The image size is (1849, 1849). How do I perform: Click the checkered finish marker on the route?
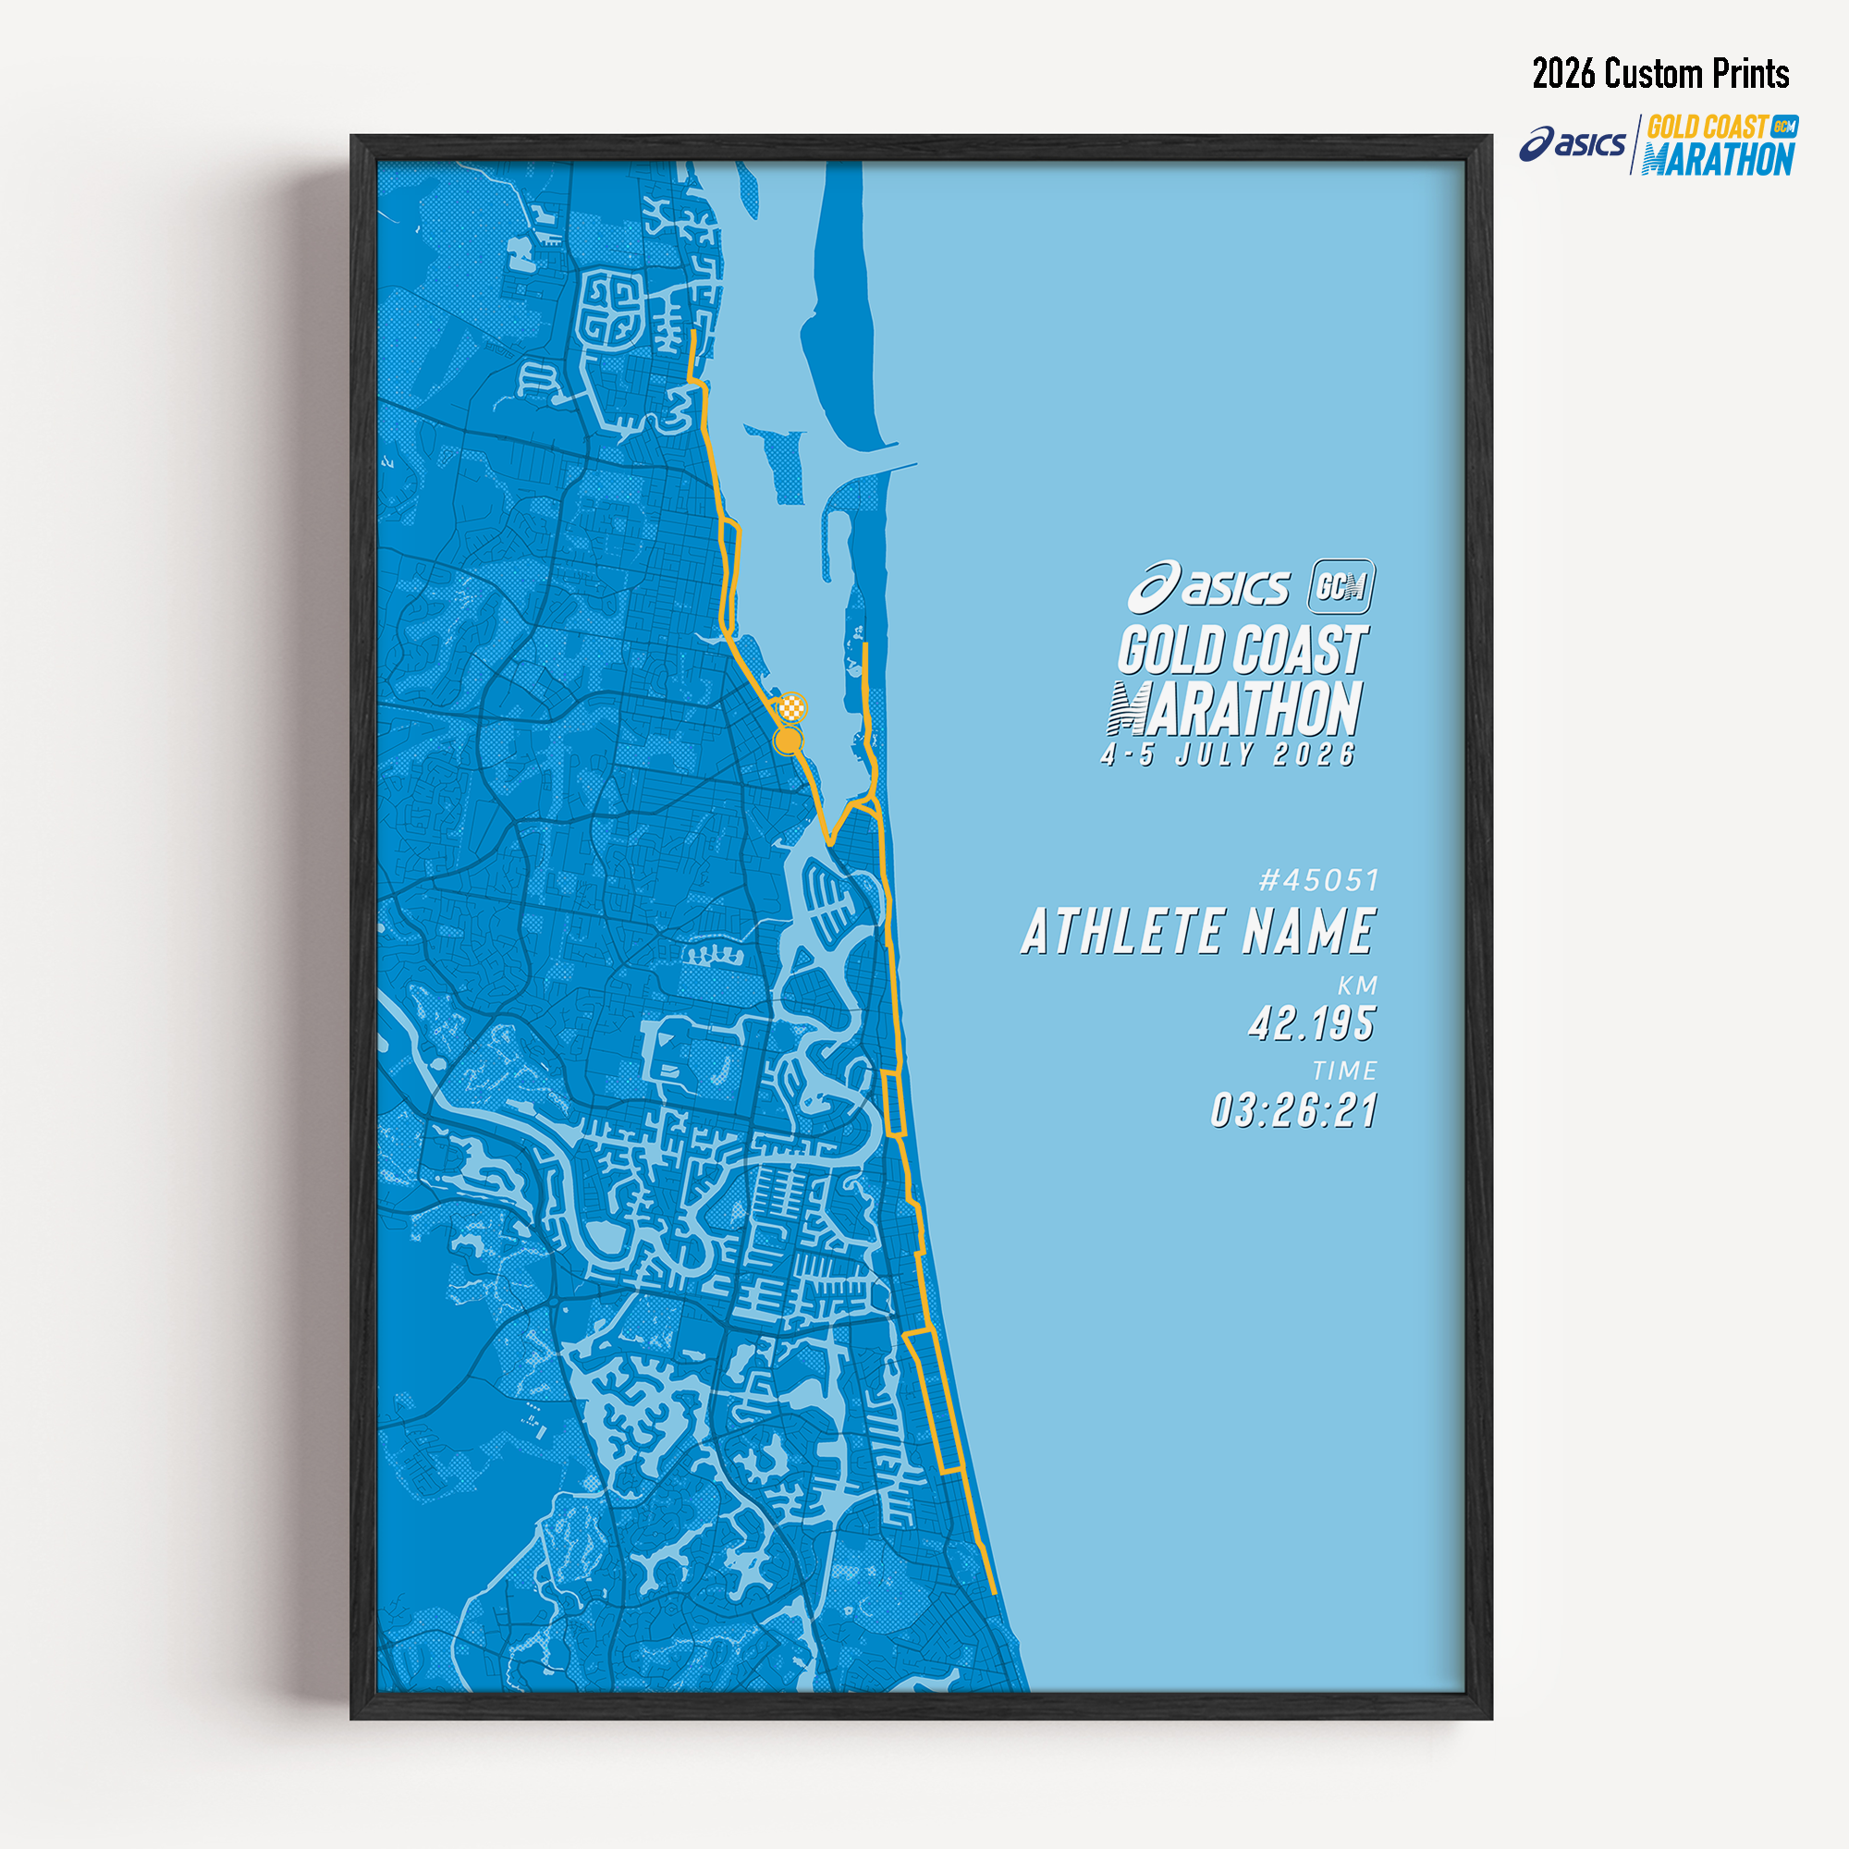(x=792, y=708)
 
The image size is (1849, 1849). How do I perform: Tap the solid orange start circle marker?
(x=787, y=741)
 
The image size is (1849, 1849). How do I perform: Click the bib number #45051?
(x=1319, y=879)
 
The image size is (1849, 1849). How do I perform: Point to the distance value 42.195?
(x=1311, y=1024)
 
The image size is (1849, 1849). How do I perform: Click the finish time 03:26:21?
(x=1294, y=1111)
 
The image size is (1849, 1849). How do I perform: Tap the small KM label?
(x=1357, y=986)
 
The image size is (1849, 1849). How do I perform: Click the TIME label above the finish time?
(x=1344, y=1071)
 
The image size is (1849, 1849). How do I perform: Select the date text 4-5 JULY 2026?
(x=1229, y=755)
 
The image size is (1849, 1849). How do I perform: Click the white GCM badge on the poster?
(x=1341, y=586)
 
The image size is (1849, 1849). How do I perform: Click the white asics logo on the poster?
(x=1208, y=587)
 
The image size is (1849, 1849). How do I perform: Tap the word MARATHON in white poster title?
(x=1235, y=709)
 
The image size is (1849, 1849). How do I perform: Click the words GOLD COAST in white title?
(x=1243, y=651)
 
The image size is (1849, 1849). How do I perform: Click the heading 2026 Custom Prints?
(x=1660, y=74)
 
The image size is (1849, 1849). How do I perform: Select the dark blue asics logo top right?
(x=1572, y=143)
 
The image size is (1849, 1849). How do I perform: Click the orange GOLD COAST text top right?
(x=1708, y=128)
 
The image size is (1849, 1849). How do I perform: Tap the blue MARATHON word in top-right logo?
(x=1718, y=160)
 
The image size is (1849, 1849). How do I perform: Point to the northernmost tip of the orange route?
(x=692, y=333)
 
